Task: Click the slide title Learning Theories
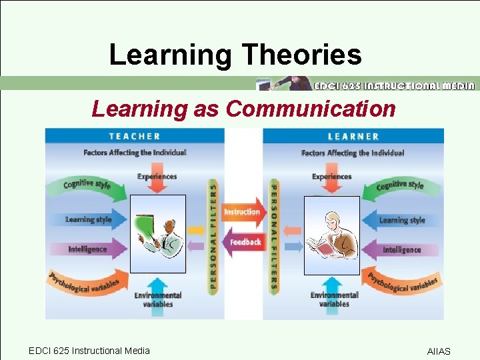point(235,54)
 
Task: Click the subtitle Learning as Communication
point(243,108)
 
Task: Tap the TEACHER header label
point(135,136)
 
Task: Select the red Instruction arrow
point(241,212)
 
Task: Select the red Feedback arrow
point(244,241)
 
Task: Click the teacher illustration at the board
point(158,235)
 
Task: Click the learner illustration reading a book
point(331,235)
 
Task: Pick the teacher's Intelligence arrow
point(87,249)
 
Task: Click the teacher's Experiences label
point(157,177)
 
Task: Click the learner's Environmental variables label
point(334,299)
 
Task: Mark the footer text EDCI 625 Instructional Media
point(89,351)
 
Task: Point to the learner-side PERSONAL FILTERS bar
point(273,237)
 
